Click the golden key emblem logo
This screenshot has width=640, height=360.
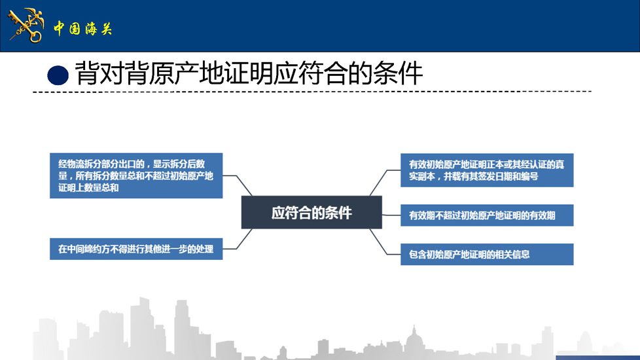(x=26, y=26)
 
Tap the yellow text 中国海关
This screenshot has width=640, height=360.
(x=83, y=29)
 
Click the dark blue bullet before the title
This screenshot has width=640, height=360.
(x=58, y=75)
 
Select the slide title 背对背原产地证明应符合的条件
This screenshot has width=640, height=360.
(x=249, y=74)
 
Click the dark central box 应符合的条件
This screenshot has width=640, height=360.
(x=311, y=212)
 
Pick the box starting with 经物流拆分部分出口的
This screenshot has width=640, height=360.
(x=136, y=175)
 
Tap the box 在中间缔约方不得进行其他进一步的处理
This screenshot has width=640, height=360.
(x=136, y=249)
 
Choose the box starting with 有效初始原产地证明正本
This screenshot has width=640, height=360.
(x=487, y=170)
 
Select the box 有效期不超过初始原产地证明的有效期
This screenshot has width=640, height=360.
(x=487, y=215)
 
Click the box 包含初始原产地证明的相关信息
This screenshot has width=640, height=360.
(x=487, y=254)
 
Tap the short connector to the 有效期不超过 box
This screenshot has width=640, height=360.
(x=391, y=215)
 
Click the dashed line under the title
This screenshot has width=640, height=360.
(x=312, y=92)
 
